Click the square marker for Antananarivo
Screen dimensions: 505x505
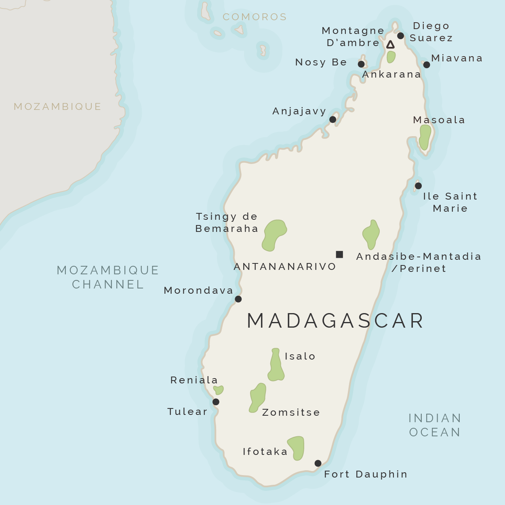[339, 254]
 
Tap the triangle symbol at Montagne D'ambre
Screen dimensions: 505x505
[390, 44]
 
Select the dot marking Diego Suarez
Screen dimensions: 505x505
[400, 36]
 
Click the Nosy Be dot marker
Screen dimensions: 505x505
[361, 64]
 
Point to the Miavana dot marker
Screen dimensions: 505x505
[427, 65]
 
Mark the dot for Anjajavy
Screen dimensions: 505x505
[332, 119]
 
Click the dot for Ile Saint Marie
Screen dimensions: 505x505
[418, 186]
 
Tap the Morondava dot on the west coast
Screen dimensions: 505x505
[238, 299]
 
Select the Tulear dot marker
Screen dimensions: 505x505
[216, 402]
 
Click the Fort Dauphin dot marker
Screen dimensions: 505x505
[318, 463]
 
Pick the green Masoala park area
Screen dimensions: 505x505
[425, 137]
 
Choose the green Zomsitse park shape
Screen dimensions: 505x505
[258, 397]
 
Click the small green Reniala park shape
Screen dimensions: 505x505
[219, 390]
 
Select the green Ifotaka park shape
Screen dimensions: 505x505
[297, 448]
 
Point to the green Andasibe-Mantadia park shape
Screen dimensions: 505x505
[371, 234]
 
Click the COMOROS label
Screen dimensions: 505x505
[255, 17]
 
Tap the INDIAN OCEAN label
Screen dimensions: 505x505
[435, 425]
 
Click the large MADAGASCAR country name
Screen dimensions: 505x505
[335, 321]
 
